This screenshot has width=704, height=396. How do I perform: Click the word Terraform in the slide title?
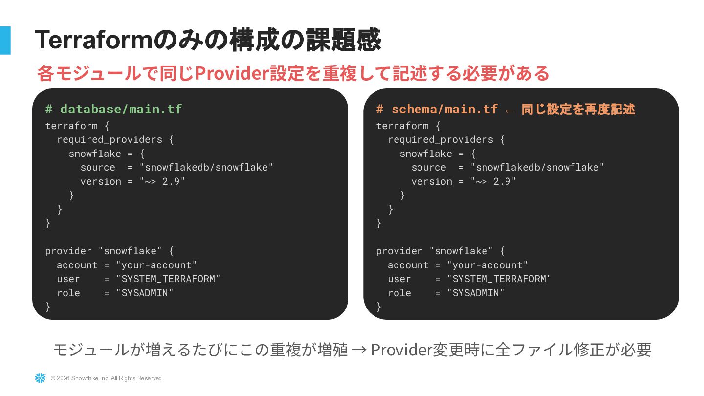(94, 40)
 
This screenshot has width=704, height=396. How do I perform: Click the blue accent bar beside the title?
(5, 40)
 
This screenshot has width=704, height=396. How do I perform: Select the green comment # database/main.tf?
(113, 109)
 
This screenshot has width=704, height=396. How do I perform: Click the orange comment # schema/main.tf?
(437, 109)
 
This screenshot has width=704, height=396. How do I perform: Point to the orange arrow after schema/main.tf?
(509, 110)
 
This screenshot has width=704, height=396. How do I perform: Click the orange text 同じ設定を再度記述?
(578, 109)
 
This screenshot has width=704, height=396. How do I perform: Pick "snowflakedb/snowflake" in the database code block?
(206, 167)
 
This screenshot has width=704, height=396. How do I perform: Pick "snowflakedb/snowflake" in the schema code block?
(537, 167)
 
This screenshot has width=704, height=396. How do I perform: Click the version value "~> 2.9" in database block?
(162, 181)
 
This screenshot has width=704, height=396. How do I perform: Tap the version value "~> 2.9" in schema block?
(493, 181)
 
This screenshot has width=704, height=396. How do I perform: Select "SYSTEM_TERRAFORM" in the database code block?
(168, 279)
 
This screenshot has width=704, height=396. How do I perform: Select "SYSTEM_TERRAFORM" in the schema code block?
(499, 279)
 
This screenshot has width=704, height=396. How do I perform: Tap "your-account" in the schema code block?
(487, 265)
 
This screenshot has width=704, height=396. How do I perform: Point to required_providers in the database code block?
(110, 139)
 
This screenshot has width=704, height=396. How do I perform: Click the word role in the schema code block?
(399, 293)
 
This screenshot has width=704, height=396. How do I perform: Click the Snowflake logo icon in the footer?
(40, 378)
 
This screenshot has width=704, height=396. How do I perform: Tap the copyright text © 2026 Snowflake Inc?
(106, 378)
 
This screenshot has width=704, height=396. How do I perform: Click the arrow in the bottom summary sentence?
(359, 350)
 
